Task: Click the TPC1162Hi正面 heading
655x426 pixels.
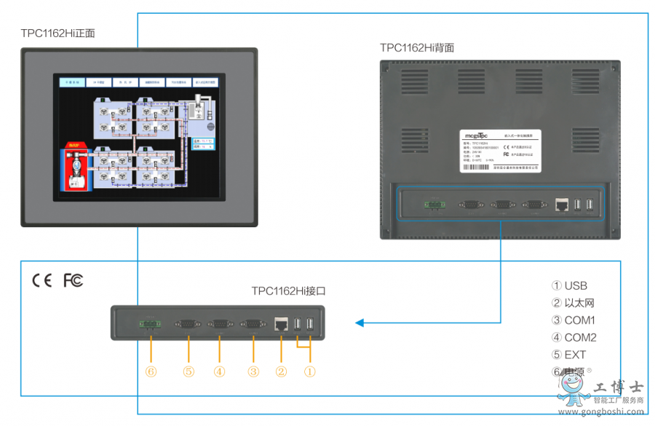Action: coord(58,33)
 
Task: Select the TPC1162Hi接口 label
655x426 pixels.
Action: coord(288,291)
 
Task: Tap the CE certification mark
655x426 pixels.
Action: coord(41,280)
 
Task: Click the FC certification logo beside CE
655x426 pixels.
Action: coord(73,280)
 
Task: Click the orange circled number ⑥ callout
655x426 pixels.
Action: coord(150,371)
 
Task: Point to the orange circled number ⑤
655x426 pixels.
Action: coord(188,371)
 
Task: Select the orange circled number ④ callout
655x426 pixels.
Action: coord(219,371)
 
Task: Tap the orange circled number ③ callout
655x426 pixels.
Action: coord(253,371)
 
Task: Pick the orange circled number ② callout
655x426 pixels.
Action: coord(281,371)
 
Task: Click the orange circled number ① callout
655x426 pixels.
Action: coord(309,371)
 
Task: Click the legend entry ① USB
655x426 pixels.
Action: coord(569,285)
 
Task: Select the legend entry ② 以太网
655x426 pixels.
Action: coord(573,303)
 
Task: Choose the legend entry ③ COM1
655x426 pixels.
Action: coord(573,320)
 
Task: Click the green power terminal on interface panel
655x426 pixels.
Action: coord(150,324)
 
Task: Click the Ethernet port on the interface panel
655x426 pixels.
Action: coord(281,324)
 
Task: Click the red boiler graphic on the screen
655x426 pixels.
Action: coord(74,167)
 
